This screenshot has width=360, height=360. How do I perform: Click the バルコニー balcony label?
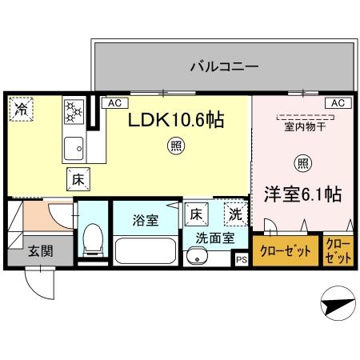(223, 66)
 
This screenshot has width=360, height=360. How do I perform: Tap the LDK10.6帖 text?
(177, 120)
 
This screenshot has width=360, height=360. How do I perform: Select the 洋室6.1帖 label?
(303, 193)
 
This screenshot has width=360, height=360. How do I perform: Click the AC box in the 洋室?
(337, 103)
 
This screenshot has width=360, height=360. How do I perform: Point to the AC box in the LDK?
(114, 103)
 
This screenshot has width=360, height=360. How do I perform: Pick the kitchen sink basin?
(74, 146)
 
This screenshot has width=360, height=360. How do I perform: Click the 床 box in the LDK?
(77, 180)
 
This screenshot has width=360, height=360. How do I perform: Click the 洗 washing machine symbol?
(235, 214)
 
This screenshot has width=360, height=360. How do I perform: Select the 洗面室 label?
(215, 238)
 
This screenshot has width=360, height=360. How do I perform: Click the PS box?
(241, 259)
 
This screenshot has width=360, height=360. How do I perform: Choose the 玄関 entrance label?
(41, 250)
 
